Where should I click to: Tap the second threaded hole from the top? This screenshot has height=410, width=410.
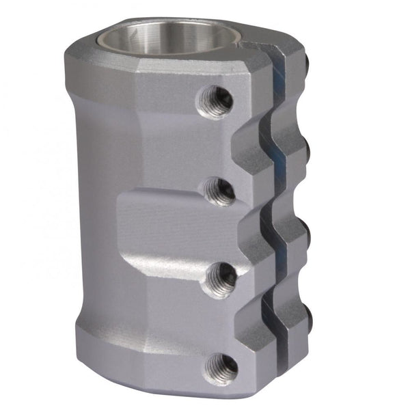point(220,192)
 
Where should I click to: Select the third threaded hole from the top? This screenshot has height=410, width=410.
point(222,279)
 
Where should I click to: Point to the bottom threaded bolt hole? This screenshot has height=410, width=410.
point(223,368)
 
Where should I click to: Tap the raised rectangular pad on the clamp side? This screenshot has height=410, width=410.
point(164,225)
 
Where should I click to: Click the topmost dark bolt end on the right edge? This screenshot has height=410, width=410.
point(307,63)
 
